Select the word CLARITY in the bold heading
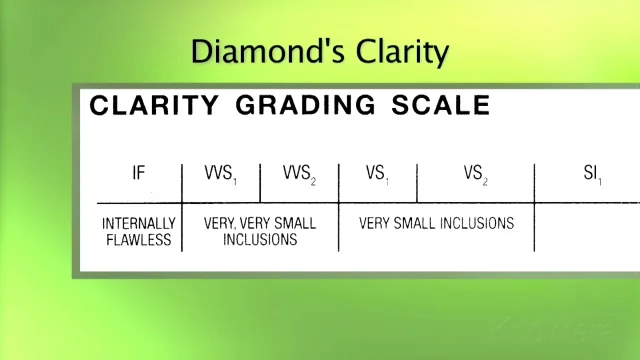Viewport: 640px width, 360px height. pos(152,106)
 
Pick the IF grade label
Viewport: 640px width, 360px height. pos(139,173)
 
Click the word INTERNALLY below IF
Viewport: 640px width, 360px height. pos(139,222)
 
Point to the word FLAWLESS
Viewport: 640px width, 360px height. pos(139,239)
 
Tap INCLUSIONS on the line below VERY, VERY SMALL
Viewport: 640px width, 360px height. pos(259,239)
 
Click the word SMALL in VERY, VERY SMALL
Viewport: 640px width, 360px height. pos(297,222)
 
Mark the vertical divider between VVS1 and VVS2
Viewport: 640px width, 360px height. pos(260,181)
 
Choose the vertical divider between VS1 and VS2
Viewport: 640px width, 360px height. pos(417,181)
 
